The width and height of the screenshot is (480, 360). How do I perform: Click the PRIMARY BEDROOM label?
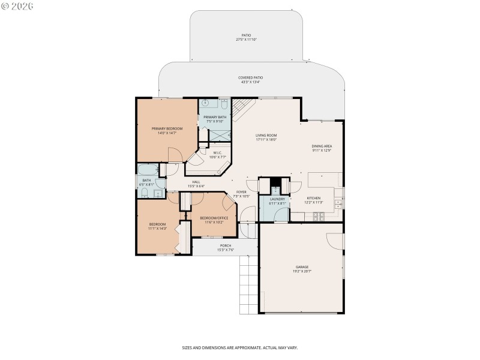coord(167,128)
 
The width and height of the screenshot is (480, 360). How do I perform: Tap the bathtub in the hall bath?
coord(147,170)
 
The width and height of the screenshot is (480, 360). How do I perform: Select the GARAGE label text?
coord(301,267)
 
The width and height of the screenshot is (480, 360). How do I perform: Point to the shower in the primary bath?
coord(220,136)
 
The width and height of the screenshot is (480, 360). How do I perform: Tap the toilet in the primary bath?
coord(224,104)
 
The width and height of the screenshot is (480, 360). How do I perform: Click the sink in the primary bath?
coord(205,103)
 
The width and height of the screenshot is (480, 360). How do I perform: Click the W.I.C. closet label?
coord(217,152)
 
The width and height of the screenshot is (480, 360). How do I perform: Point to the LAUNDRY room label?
coord(277,199)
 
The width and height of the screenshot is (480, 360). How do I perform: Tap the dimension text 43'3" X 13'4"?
coord(251,82)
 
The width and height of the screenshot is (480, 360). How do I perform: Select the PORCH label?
coord(226,245)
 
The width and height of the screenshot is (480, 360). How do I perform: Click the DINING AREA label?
coord(322,146)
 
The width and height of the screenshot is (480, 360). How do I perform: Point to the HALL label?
coord(196,182)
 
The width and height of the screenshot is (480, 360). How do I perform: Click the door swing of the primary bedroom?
coord(175,155)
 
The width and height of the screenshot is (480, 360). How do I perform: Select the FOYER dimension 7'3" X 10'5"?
coord(241,196)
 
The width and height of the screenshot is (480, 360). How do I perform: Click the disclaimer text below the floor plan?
coord(240,347)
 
